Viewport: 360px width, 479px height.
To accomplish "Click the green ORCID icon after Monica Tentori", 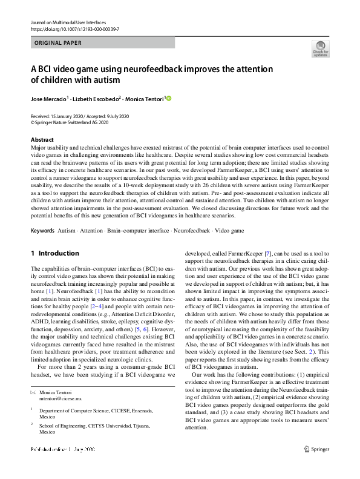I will [169, 99].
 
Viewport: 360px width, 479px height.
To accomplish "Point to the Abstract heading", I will [41, 140].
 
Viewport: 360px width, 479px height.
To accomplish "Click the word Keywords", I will [42, 231].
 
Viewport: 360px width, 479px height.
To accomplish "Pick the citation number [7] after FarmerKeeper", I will [275, 268].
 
